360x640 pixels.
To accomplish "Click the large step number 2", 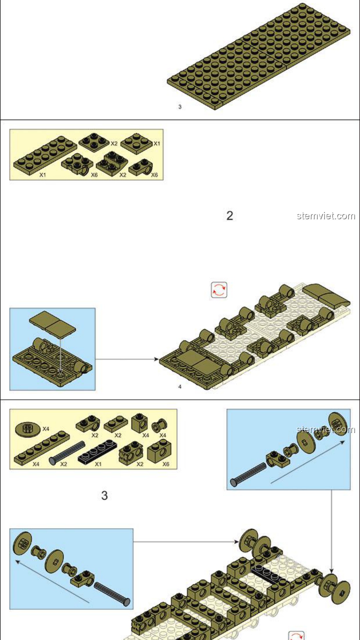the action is [230, 216].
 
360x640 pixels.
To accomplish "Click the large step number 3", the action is [104, 495].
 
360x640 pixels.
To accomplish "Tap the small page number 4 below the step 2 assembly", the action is [180, 387].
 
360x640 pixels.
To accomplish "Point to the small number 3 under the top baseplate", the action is [180, 107].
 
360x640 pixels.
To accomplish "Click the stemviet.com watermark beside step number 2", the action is [326, 216].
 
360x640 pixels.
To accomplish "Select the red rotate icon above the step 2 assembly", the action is [219, 290].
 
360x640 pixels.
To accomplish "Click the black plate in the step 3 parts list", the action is [98, 451].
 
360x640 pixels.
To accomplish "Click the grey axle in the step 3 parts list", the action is [67, 453].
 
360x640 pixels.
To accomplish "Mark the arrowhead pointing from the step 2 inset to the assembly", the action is [156, 359].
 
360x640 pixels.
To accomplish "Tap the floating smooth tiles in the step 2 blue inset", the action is [52, 324].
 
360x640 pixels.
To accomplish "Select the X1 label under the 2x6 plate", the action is [43, 175].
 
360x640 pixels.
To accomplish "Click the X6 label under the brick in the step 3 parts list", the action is [166, 464].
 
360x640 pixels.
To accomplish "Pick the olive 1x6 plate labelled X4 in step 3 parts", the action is [42, 448].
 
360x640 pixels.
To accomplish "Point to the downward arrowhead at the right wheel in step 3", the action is [331, 570].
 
